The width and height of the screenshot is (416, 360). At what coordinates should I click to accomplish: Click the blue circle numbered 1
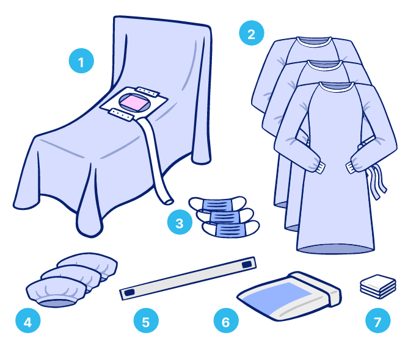coord(81,60)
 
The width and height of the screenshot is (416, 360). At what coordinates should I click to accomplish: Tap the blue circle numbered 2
coord(251,33)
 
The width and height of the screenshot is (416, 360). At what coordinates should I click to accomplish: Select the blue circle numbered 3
coord(180,222)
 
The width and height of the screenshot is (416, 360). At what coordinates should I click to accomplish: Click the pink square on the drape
coord(134,103)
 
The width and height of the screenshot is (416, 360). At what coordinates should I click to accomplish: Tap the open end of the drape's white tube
coord(168,202)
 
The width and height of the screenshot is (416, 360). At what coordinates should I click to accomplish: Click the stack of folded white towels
coord(378,286)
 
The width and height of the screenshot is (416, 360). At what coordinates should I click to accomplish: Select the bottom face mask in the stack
coord(230,229)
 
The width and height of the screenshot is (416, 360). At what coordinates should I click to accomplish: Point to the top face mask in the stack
coord(217,204)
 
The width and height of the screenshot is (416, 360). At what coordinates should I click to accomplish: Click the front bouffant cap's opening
coord(56,303)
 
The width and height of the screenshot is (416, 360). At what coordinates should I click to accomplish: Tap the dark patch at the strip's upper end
coord(247,264)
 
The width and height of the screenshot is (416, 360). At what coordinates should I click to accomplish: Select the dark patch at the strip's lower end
coord(130,292)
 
